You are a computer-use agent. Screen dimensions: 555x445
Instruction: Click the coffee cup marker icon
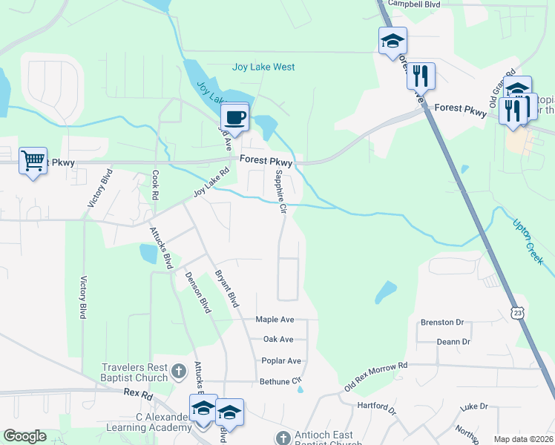pyautogui.click(x=235, y=118)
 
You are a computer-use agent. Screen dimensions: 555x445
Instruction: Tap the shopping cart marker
pyautogui.click(x=33, y=160)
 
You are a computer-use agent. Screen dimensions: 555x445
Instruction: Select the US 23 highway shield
pyautogui.click(x=518, y=314)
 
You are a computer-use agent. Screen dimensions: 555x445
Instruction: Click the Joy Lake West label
pyautogui.click(x=263, y=67)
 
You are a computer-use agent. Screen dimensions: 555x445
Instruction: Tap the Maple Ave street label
pyautogui.click(x=275, y=320)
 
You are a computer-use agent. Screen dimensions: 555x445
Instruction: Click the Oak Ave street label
pyautogui.click(x=278, y=340)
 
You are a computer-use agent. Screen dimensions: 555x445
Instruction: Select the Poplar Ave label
pyautogui.click(x=281, y=361)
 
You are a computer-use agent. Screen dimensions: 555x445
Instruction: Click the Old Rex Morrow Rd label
pyautogui.click(x=376, y=377)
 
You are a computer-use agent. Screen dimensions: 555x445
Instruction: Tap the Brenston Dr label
pyautogui.click(x=441, y=323)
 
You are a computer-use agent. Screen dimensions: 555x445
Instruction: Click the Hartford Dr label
pyautogui.click(x=376, y=406)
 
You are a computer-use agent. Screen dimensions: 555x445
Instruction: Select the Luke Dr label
pyautogui.click(x=473, y=406)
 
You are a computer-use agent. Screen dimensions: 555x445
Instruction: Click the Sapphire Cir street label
pyautogui.click(x=280, y=191)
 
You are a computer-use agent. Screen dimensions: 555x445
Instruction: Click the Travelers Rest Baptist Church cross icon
pyautogui.click(x=178, y=370)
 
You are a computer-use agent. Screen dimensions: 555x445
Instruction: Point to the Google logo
pyautogui.click(x=24, y=436)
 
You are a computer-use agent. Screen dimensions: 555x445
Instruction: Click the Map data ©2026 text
pyautogui.click(x=523, y=439)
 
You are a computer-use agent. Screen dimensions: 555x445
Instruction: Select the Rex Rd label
pyautogui.click(x=138, y=394)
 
